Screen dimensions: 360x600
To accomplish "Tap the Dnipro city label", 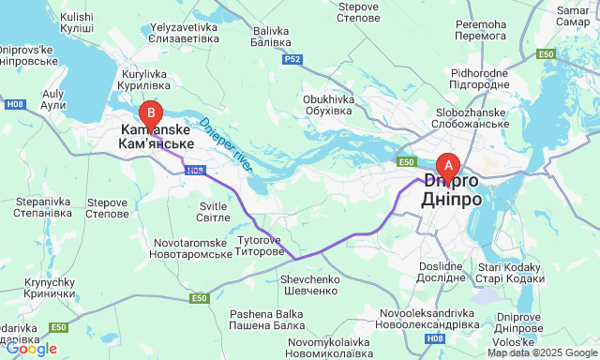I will point(454,191).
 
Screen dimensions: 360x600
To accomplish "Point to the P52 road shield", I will point(293,59).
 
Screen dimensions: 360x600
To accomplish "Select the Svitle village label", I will point(215,211).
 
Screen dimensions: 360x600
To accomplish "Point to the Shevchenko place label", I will point(308,285).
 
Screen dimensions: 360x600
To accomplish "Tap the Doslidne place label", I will point(442,271).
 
